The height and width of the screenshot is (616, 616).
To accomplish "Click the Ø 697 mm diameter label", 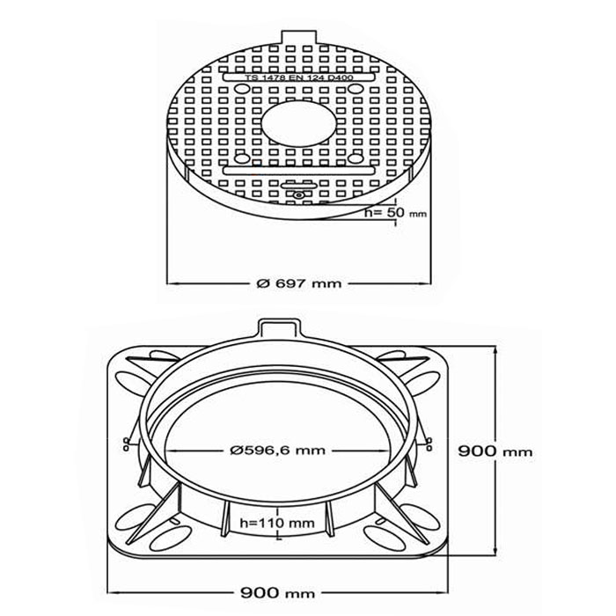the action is click(299, 283).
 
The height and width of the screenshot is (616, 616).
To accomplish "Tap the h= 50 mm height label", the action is click(395, 213).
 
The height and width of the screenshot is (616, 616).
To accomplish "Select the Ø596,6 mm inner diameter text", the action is click(278, 451).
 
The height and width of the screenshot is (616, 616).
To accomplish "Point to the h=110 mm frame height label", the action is click(277, 523).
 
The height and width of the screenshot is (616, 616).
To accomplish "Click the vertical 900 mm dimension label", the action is click(495, 451).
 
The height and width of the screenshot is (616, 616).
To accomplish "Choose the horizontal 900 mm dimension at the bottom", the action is click(278, 592).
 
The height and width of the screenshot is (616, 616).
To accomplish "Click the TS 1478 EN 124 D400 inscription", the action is click(299, 77).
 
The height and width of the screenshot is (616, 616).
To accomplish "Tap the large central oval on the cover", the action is click(299, 123).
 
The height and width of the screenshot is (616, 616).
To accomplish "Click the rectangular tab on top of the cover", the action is click(299, 38).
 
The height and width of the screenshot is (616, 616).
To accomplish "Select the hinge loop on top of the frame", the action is click(279, 328).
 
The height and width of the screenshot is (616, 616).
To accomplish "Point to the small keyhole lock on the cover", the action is click(298, 194).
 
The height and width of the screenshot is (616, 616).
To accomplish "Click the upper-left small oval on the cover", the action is click(242, 88).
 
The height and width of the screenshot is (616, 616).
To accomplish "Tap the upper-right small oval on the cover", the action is click(356, 88).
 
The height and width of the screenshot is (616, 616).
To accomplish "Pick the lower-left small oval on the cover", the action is click(242, 158).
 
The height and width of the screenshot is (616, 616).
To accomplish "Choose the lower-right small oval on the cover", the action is click(356, 158).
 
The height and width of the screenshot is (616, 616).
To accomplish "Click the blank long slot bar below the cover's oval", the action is click(299, 171).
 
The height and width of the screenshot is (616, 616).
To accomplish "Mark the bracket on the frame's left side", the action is click(127, 444).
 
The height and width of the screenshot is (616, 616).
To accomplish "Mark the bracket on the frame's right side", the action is click(429, 444).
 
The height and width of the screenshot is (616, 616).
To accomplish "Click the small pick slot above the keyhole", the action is click(299, 186).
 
